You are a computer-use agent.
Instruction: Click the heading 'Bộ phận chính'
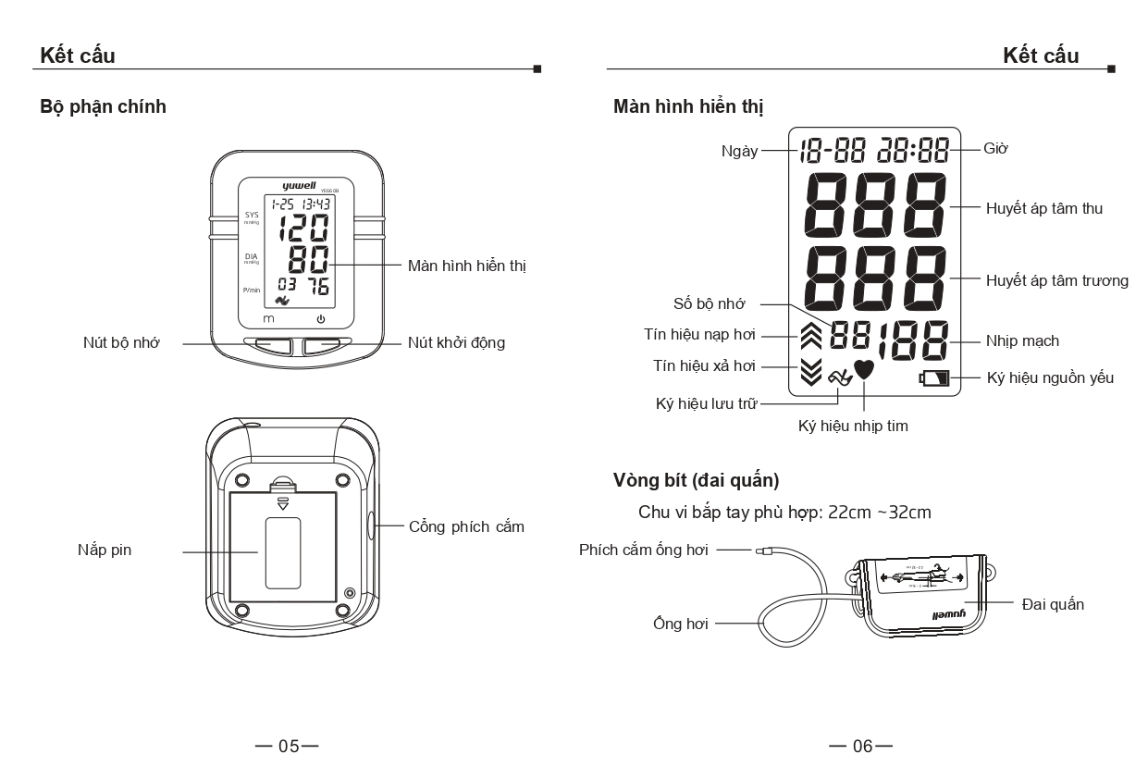[103, 106]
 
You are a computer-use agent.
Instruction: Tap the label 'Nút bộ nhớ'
[121, 342]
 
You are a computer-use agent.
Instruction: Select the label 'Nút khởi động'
[457, 342]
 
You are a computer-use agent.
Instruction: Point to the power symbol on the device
[321, 319]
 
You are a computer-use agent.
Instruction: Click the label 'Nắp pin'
[105, 550]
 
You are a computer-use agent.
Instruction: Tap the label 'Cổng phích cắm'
[466, 526]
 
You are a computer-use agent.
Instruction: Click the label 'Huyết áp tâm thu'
[1043, 209]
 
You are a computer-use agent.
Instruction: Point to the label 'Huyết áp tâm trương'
[1056, 280]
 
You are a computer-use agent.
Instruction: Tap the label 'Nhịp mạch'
[1021, 341]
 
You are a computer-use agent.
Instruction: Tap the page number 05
[290, 746]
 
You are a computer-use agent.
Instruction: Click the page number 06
[862, 746]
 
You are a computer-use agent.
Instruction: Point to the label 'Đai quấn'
[1053, 604]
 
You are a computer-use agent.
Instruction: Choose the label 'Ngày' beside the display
[739, 151]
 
